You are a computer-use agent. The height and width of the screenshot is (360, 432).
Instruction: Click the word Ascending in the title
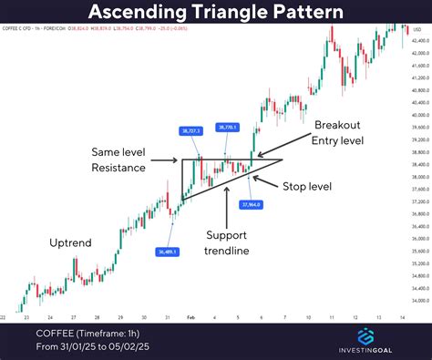click(151, 13)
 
